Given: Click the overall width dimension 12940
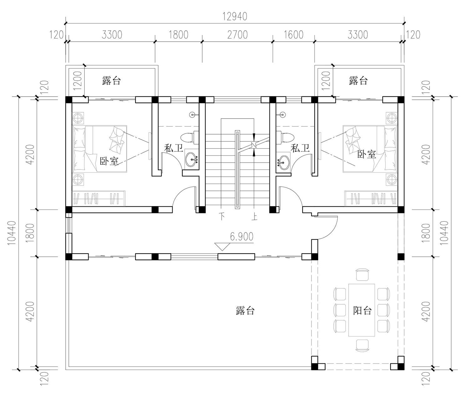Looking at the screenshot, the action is click(x=235, y=16).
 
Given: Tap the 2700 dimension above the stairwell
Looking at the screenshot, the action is click(x=237, y=35).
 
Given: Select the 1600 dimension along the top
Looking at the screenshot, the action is click(x=294, y=35).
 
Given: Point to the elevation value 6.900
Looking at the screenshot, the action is click(x=242, y=237).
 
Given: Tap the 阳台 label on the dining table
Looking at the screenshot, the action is click(x=362, y=311).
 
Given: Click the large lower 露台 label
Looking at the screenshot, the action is click(x=245, y=311).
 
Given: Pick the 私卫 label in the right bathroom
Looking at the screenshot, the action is click(x=300, y=148).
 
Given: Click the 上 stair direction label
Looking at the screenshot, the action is click(x=254, y=217).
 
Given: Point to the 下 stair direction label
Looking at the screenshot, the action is click(x=222, y=217).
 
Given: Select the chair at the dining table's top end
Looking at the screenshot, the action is click(x=362, y=274).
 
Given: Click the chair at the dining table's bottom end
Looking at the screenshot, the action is click(x=362, y=346).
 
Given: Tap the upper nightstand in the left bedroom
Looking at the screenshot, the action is click(x=78, y=118).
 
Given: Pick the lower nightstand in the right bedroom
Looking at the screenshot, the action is click(x=392, y=180).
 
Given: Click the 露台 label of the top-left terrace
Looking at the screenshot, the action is click(x=112, y=80).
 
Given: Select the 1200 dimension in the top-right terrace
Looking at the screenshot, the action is click(x=326, y=81).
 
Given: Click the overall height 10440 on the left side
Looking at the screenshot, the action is click(x=12, y=233).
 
